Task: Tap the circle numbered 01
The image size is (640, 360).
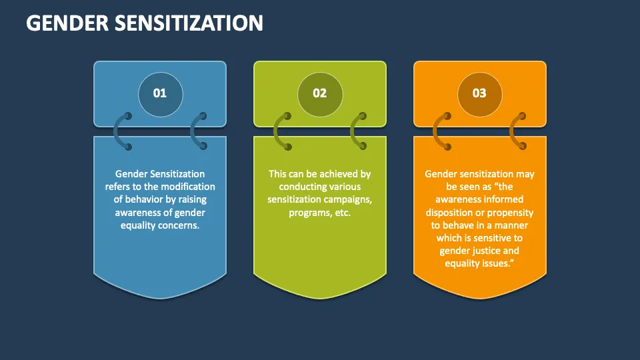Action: (160, 93)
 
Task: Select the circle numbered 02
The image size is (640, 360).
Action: (320, 93)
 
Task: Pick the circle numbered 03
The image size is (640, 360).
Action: (479, 93)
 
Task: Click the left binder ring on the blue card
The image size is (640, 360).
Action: (121, 131)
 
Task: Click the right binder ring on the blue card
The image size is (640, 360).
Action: (197, 131)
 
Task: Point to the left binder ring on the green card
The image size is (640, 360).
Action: (281, 131)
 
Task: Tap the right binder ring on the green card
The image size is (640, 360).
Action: (357, 131)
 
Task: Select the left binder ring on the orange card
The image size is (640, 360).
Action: (441, 131)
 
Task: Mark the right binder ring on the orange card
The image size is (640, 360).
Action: (517, 131)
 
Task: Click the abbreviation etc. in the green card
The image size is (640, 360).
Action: (341, 213)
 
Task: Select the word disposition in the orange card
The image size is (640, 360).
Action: (451, 213)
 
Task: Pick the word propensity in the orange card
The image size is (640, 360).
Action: (511, 213)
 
